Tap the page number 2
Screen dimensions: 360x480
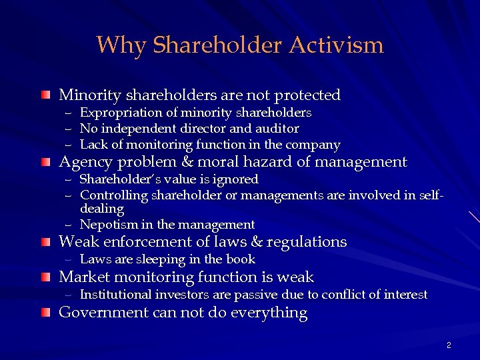coord(449,345)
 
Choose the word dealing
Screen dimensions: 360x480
coord(101,209)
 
